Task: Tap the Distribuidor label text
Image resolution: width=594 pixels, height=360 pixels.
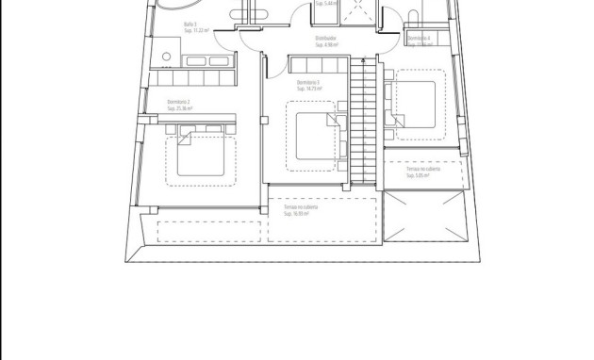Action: pyautogui.click(x=325, y=39)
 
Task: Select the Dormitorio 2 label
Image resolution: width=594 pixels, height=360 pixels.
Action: pyautogui.click(x=179, y=102)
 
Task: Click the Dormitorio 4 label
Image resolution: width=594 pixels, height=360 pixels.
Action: pyautogui.click(x=420, y=37)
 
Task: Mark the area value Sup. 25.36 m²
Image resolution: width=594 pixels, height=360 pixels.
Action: pyautogui.click(x=179, y=108)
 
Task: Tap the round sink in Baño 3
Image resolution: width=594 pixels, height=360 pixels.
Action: pyautogui.click(x=167, y=56)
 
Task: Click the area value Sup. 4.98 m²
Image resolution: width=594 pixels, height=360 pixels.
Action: pyautogui.click(x=325, y=44)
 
